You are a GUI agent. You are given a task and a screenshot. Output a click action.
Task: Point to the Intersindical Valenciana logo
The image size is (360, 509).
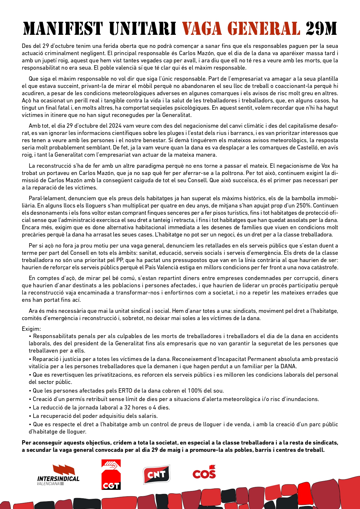pos(58,475)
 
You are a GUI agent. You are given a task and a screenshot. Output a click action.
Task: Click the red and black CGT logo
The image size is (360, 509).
pos(111,474)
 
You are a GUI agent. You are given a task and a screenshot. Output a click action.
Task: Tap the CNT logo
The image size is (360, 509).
pos(156,474)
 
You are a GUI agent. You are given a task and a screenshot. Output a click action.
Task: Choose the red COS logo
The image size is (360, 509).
pos(204,472)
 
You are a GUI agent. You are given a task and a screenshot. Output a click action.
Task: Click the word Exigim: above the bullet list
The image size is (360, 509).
pos(31,329)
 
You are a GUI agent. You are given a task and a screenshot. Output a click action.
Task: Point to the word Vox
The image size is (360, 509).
pos(325,166)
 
